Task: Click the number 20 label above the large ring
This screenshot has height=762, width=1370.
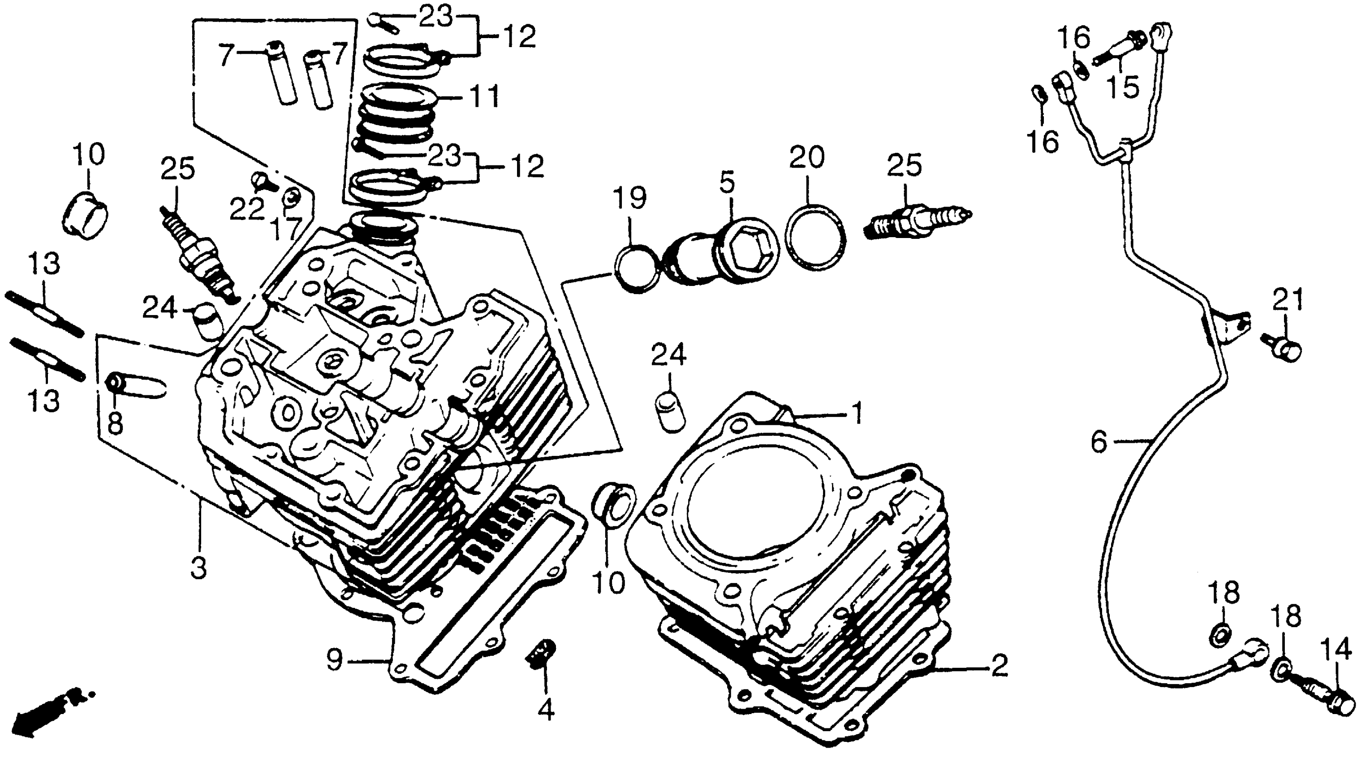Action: click(x=806, y=158)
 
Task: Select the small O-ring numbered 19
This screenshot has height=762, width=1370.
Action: click(x=637, y=268)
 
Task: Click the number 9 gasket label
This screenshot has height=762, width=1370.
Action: click(x=335, y=662)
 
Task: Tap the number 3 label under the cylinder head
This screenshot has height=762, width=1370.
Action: click(x=199, y=568)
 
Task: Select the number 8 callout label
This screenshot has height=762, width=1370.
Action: click(x=115, y=426)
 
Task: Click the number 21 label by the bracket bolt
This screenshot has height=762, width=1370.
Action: click(x=1288, y=301)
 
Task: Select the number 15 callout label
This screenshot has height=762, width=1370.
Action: click(x=1123, y=87)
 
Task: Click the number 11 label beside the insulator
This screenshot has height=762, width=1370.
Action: click(x=481, y=97)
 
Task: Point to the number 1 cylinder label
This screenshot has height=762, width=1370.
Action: click(x=857, y=413)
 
